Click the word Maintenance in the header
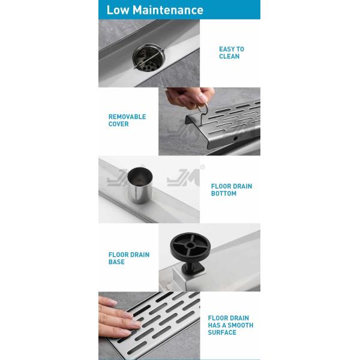point(168,10)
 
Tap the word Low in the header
point(118,10)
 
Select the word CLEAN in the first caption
point(229,56)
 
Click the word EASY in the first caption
point(227,49)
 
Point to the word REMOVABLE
point(127,116)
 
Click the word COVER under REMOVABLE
point(118,124)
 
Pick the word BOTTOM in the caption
point(224,193)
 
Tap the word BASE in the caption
point(116,262)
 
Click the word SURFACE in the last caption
point(222,332)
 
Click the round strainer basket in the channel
point(149,58)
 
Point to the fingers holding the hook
point(190,98)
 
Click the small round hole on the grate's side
point(235,139)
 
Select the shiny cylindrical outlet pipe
point(137,185)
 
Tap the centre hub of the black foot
point(190,245)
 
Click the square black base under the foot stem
point(193,270)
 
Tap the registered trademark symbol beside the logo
point(202,167)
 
